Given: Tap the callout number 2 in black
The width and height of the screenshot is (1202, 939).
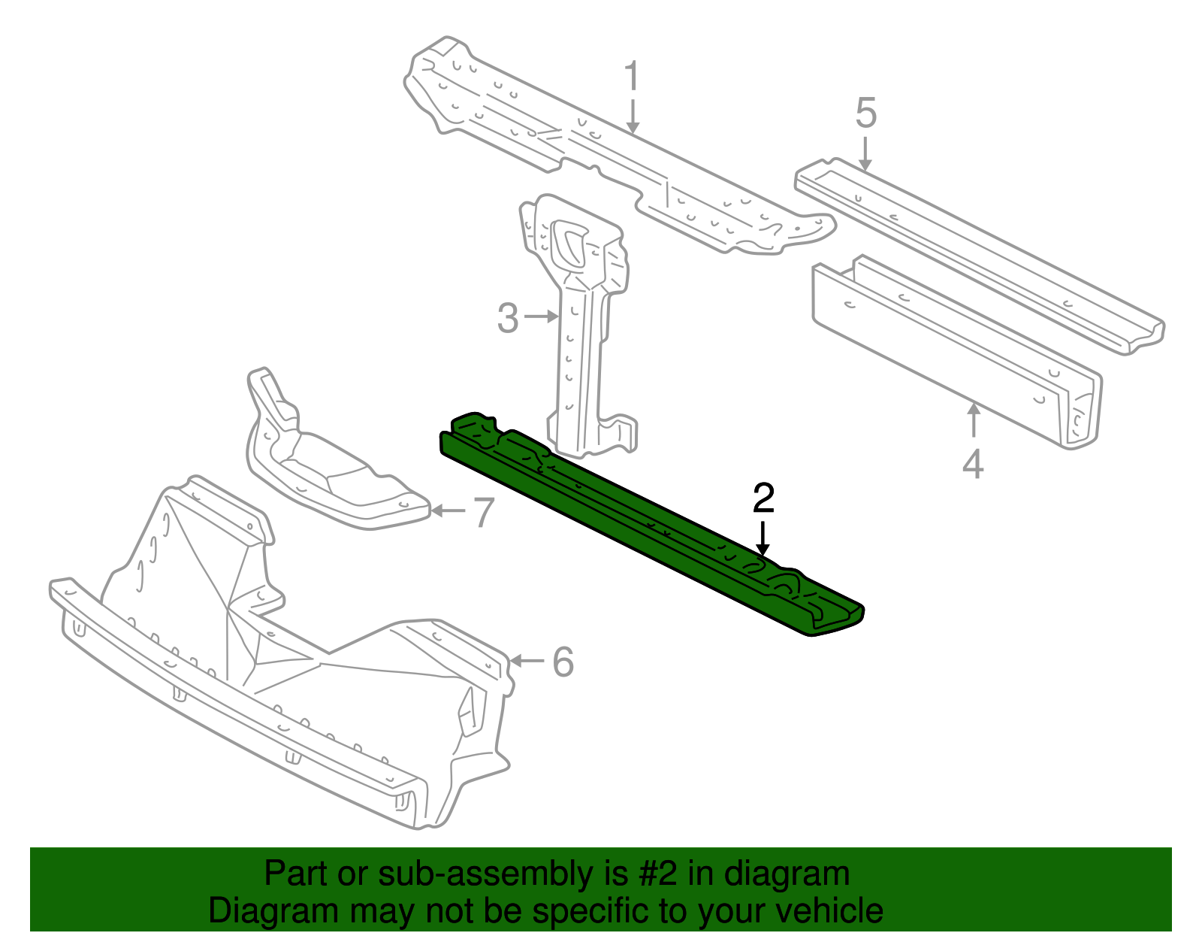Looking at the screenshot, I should [763, 498].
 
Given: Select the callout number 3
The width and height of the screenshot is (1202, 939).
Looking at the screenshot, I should [508, 318].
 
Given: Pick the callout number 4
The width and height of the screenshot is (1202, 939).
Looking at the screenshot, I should [973, 464].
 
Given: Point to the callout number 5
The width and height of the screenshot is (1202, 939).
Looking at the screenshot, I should [865, 113].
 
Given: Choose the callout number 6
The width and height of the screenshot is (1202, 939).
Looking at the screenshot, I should [563, 662].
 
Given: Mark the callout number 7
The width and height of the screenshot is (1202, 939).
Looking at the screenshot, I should [482, 513].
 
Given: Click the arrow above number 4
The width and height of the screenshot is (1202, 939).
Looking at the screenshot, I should [974, 421].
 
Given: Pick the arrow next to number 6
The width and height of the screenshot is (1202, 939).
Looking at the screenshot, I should [527, 661].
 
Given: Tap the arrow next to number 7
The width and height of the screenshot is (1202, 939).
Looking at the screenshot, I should [448, 511].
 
